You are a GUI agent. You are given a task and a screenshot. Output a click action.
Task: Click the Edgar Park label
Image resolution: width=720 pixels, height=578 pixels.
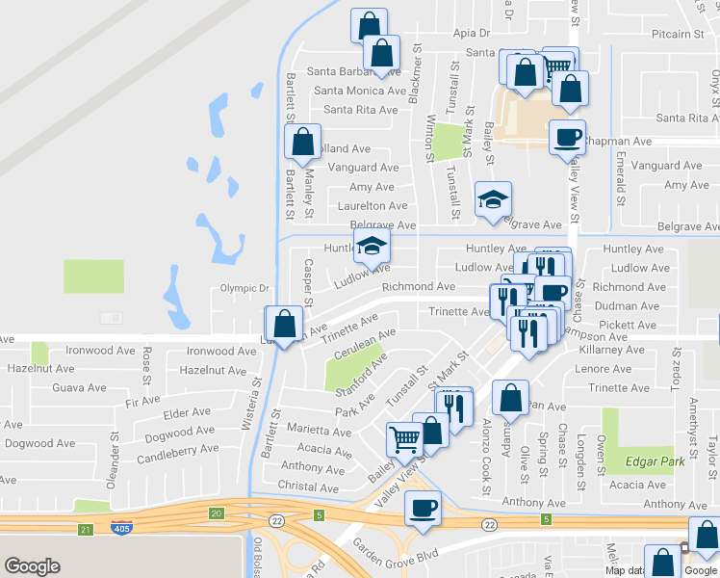click(x=654, y=461)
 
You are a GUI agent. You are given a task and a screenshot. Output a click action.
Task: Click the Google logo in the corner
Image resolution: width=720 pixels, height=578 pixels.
click(x=32, y=566)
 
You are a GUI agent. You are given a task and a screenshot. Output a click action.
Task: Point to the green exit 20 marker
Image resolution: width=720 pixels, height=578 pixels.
click(x=215, y=512)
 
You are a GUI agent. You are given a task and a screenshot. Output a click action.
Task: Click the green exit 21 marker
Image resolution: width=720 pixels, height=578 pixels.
click(x=85, y=529)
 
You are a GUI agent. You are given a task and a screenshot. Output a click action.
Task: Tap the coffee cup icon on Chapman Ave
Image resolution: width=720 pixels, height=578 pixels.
click(x=567, y=137)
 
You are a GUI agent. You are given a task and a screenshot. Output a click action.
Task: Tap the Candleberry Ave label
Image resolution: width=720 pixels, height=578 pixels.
click(x=178, y=450)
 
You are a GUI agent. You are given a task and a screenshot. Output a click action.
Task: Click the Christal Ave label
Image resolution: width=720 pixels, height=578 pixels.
click(x=309, y=487)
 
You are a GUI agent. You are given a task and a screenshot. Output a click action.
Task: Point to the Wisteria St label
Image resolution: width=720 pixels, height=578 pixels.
click(x=257, y=396)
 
